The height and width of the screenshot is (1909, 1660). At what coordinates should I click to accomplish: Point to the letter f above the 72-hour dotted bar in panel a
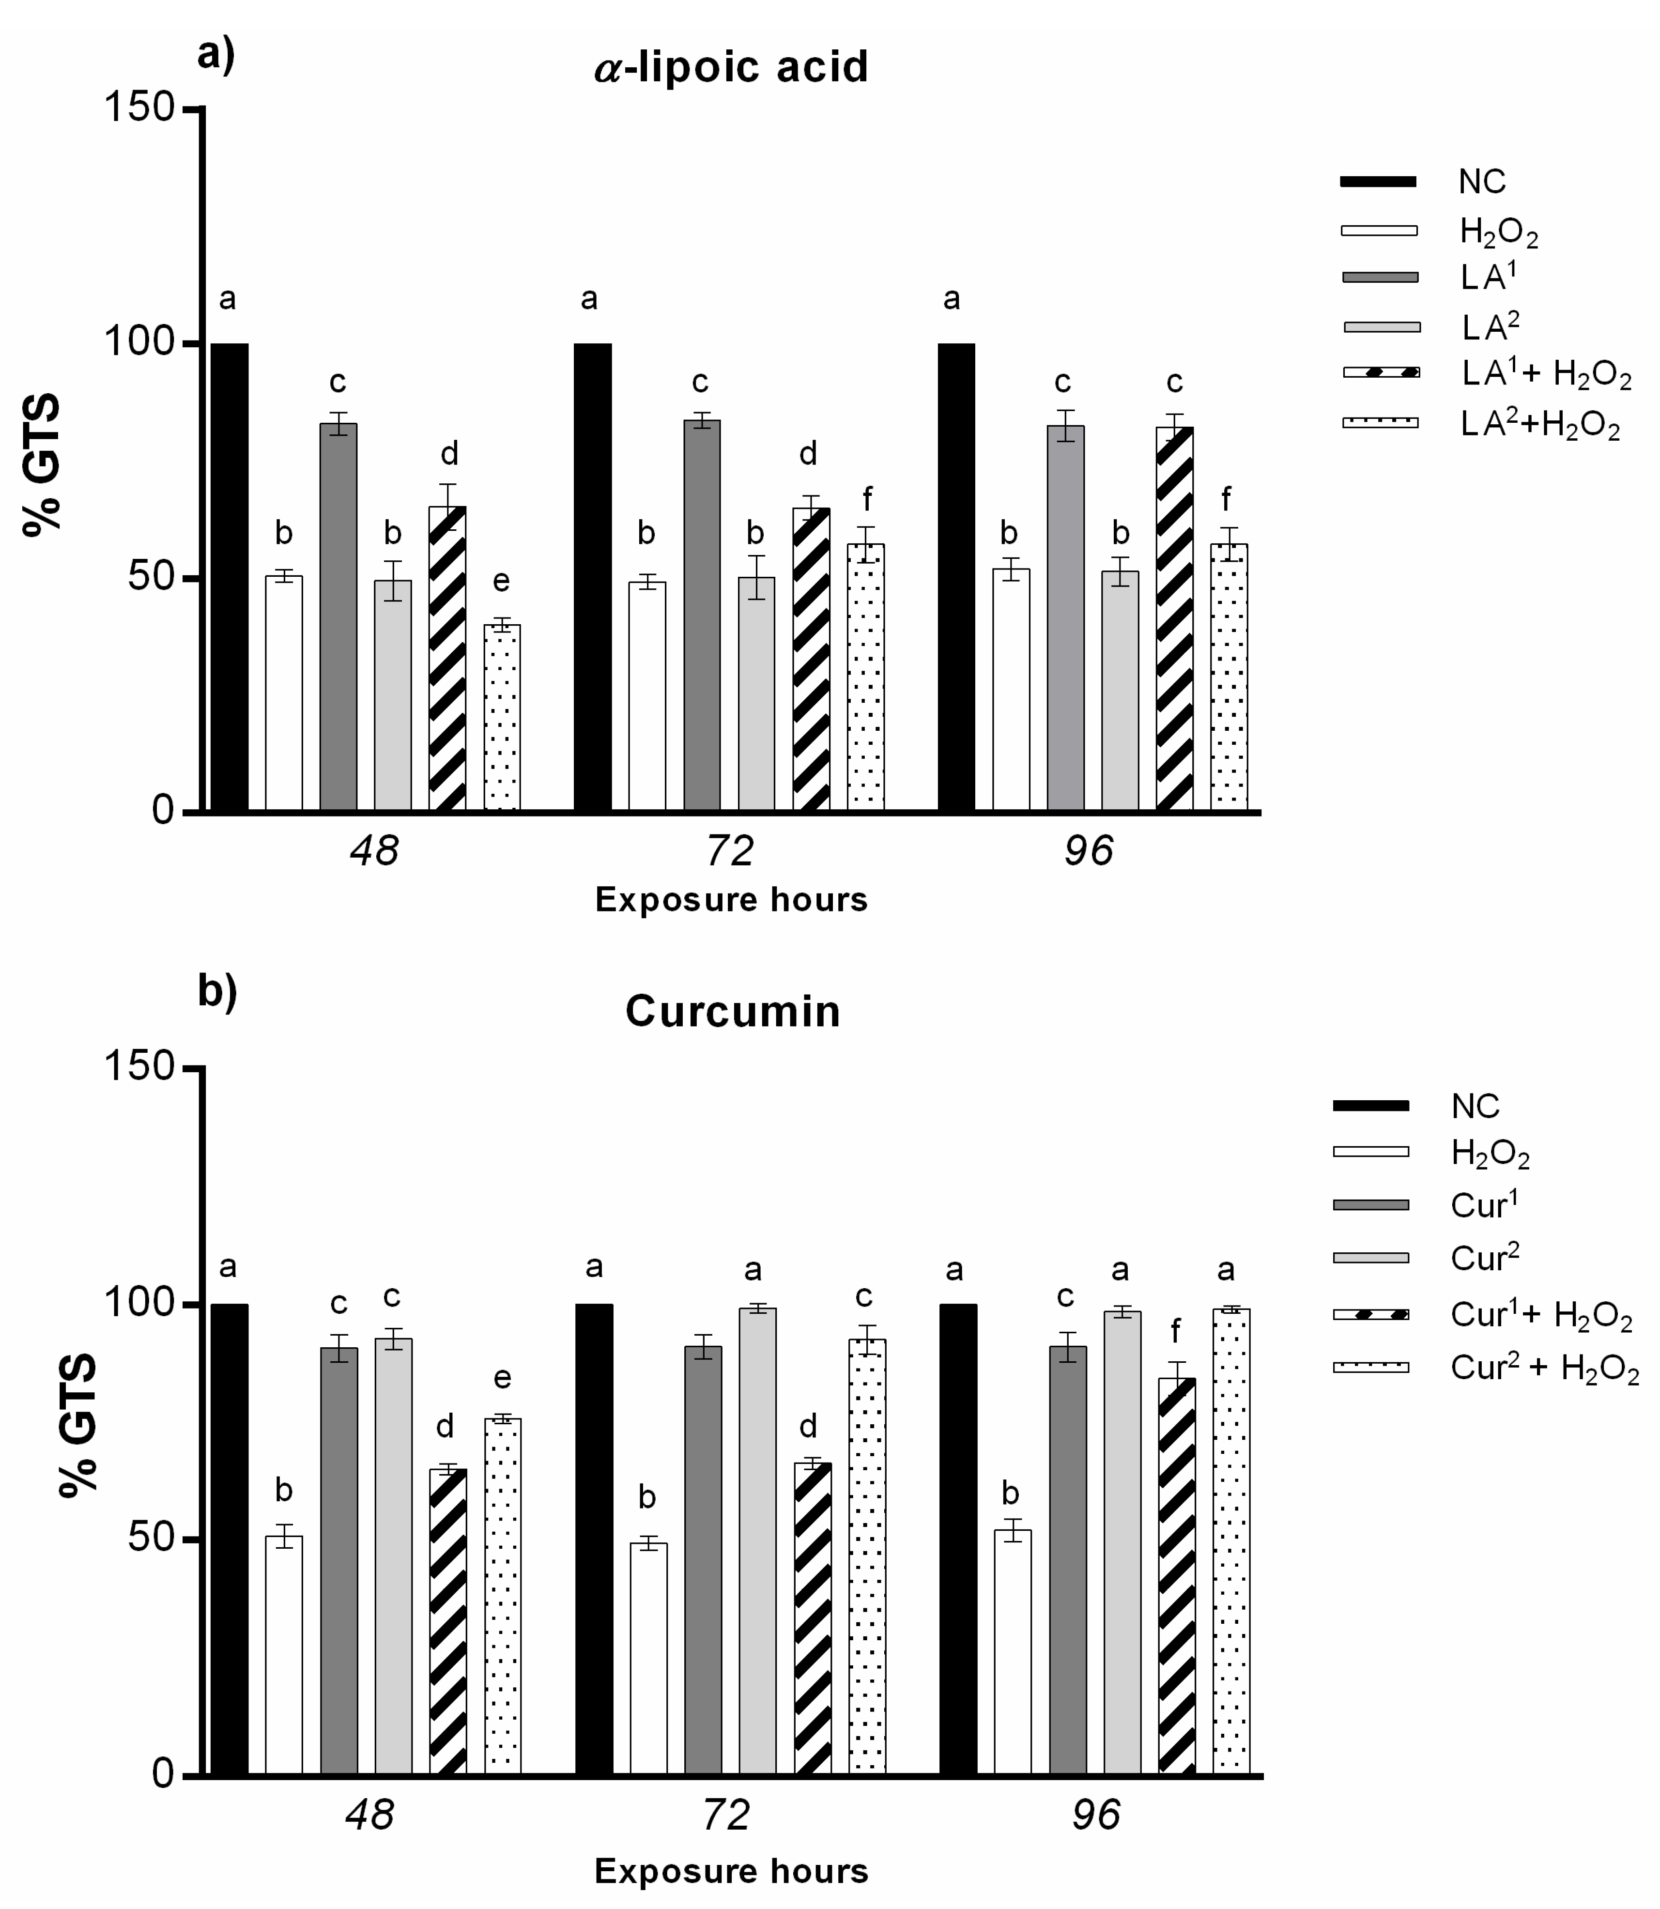(867, 499)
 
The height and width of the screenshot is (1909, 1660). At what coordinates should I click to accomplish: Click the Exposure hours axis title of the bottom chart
(731, 1871)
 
